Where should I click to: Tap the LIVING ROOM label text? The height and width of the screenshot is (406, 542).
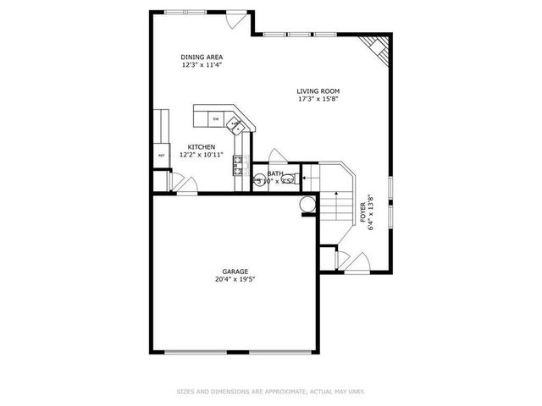(x=318, y=91)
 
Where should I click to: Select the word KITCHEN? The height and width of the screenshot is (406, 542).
(x=202, y=146)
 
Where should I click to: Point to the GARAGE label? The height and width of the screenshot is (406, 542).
(x=235, y=272)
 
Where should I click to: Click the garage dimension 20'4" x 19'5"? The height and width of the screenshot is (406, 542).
(x=235, y=279)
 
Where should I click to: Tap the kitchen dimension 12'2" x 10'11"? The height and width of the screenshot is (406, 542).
(x=202, y=155)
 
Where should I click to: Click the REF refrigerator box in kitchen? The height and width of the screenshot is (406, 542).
(x=161, y=156)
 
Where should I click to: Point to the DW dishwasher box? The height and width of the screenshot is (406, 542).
(x=216, y=118)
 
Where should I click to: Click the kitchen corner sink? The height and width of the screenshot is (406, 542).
(x=238, y=126)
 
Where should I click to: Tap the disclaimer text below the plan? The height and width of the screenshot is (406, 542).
(x=270, y=392)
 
